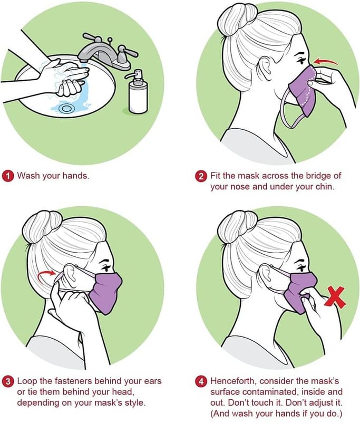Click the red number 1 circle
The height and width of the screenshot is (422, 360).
click(8, 176)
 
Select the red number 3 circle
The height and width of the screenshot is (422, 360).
click(8, 381)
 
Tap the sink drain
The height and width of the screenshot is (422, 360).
click(65, 109)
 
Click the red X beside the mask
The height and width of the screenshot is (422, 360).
click(335, 297)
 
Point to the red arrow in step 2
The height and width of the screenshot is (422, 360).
click(326, 62)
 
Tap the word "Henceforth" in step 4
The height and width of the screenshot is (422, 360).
click(233, 381)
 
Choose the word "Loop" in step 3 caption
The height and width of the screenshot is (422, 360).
click(27, 381)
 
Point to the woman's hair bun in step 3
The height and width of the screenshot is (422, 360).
click(42, 225)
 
